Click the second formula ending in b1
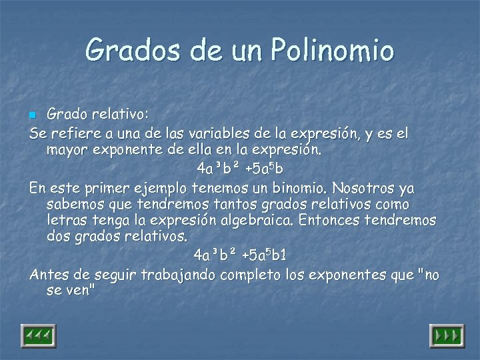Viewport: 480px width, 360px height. click(x=240, y=255)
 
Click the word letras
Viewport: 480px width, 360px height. click(x=69, y=220)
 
